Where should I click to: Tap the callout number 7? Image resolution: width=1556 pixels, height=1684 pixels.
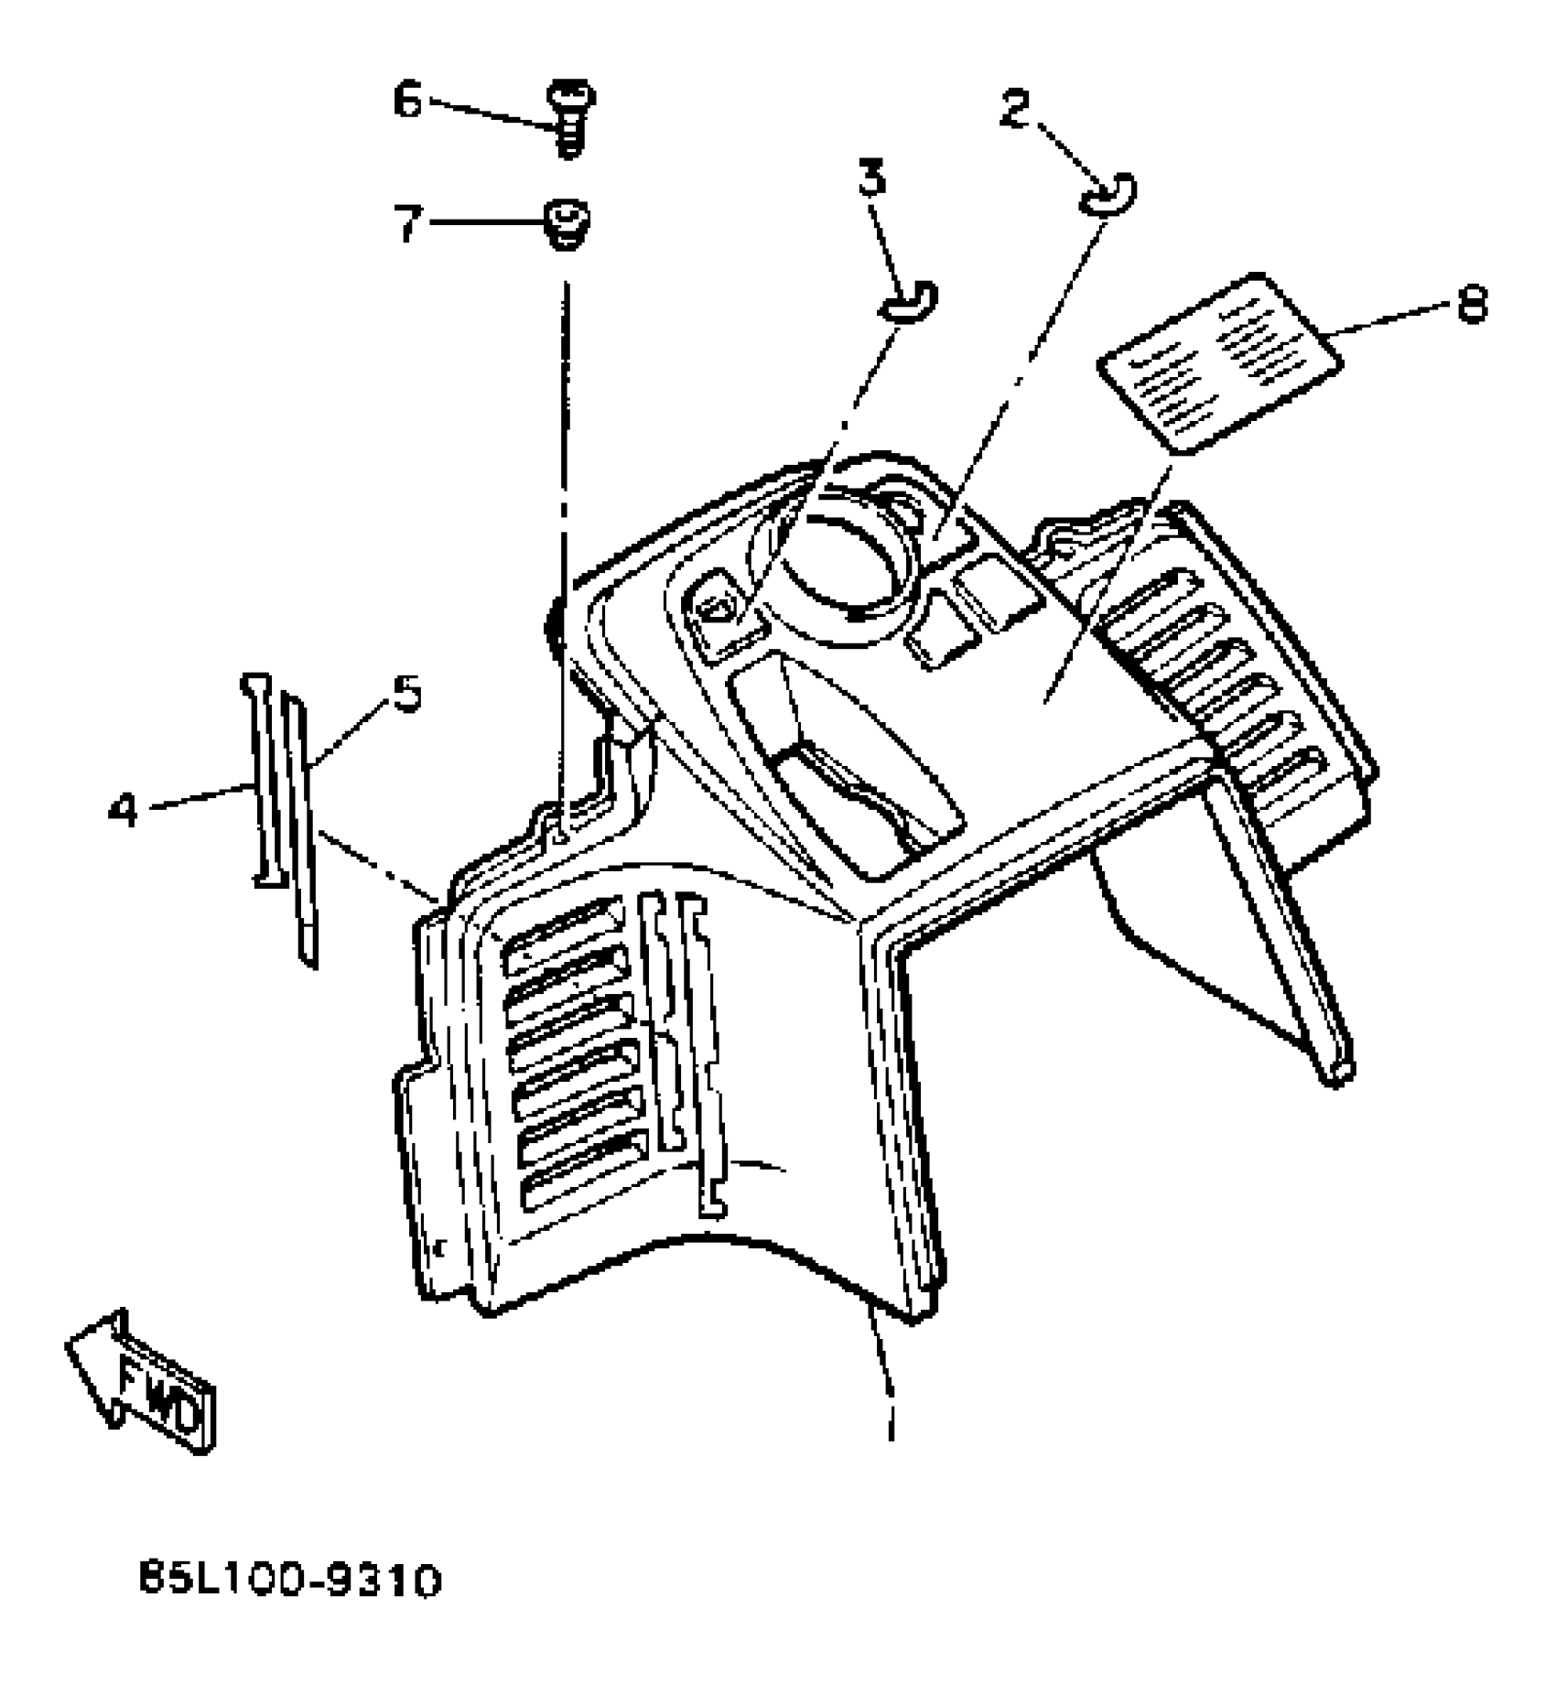coord(408,222)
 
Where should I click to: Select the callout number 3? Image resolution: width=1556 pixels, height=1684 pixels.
coord(873,178)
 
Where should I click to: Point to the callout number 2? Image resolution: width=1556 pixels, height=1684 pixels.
coord(1014,110)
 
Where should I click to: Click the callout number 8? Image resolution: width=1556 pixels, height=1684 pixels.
coord(1471,303)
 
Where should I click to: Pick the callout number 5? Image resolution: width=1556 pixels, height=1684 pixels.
coord(406,695)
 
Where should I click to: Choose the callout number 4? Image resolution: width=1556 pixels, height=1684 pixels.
coord(122,810)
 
